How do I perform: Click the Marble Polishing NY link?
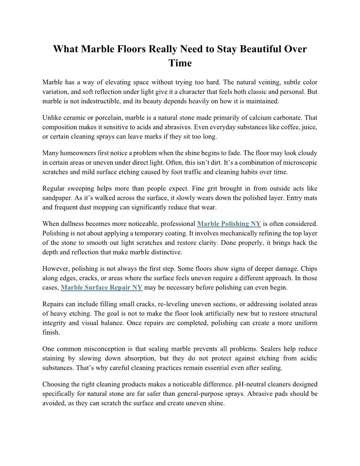coord(229,223)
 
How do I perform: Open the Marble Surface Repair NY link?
coord(101,288)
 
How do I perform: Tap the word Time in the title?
coord(180,63)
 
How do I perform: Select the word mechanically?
coord(224,233)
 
